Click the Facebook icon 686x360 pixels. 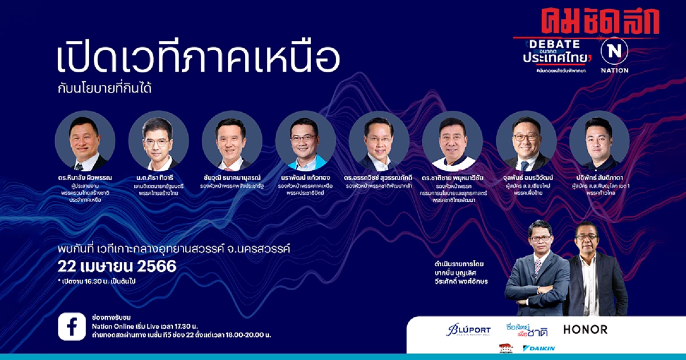[72, 327]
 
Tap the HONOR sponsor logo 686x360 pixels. [585, 330]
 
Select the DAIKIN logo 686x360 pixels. [539, 348]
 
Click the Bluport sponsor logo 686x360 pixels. [468, 330]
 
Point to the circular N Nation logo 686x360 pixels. [614, 51]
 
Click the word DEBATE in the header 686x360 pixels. [554, 44]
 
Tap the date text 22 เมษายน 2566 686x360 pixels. [117, 266]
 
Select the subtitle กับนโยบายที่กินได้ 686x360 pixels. [105, 89]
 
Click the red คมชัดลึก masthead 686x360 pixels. [600, 21]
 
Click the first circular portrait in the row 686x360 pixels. [85, 141]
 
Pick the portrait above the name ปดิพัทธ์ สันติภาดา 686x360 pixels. [599, 141]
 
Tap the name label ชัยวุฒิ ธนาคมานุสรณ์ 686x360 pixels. [232, 177]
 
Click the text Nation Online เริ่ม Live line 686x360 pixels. [144, 326]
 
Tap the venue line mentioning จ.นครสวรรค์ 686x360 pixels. [174, 249]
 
